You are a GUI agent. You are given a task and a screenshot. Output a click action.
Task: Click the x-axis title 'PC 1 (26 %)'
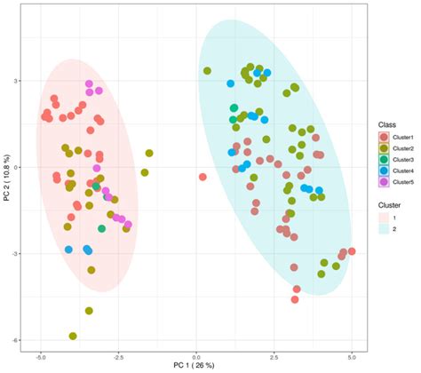coord(197,367)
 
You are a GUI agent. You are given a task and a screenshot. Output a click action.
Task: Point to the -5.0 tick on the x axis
coord(41,355)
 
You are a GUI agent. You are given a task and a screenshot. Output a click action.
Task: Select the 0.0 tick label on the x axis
coord(196,355)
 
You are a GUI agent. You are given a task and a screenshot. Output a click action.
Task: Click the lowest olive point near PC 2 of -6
coord(73,337)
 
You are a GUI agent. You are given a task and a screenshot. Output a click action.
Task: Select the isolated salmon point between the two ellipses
coord(203,177)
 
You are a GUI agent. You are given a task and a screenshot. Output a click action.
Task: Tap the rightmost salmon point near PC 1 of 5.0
coord(352,251)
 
